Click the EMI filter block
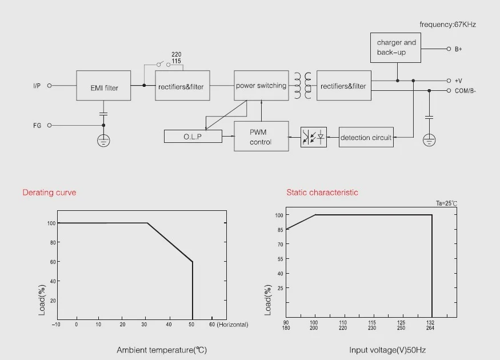[x=103, y=86]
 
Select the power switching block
[x=261, y=86]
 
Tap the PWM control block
[x=261, y=136]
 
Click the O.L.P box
[x=193, y=136]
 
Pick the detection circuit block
[x=366, y=137]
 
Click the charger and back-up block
[x=395, y=47]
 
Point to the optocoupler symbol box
[x=314, y=137]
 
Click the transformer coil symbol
[x=303, y=86]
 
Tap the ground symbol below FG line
[x=103, y=141]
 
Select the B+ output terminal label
[x=458, y=49]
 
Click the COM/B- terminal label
[x=465, y=91]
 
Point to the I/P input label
[x=37, y=86]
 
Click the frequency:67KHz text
[x=447, y=25]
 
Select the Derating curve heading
[x=49, y=192]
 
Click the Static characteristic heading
[x=322, y=192]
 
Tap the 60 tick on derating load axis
[x=53, y=262]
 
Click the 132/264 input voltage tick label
[x=430, y=325]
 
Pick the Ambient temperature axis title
[x=162, y=350]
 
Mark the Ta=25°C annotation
[x=446, y=203]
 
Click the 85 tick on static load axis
[x=280, y=230]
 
